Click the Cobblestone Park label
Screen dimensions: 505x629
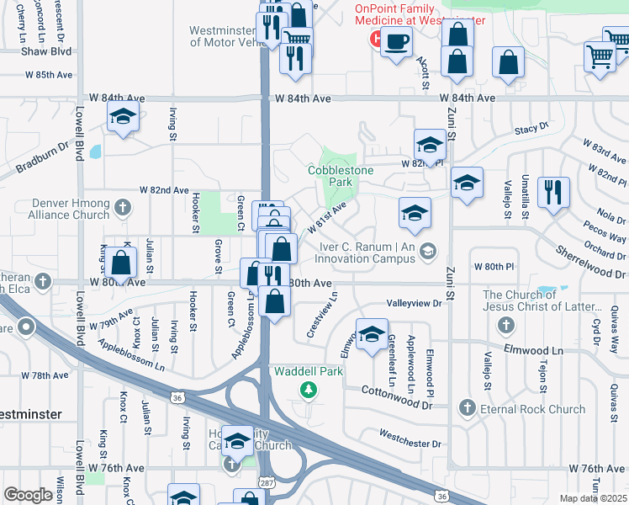pos(341,175)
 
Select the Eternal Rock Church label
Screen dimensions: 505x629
pos(533,409)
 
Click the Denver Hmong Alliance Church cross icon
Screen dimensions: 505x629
pos(123,207)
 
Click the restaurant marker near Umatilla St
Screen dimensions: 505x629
pos(553,193)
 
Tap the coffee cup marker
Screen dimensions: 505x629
pos(397,40)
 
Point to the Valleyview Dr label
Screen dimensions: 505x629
pos(414,302)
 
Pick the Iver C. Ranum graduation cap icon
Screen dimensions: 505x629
pos(429,250)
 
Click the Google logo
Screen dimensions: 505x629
pos(28,495)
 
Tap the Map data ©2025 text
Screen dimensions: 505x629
pos(593,498)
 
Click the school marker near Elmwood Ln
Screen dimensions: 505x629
pos(371,334)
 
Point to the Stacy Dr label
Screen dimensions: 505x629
pos(531,128)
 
